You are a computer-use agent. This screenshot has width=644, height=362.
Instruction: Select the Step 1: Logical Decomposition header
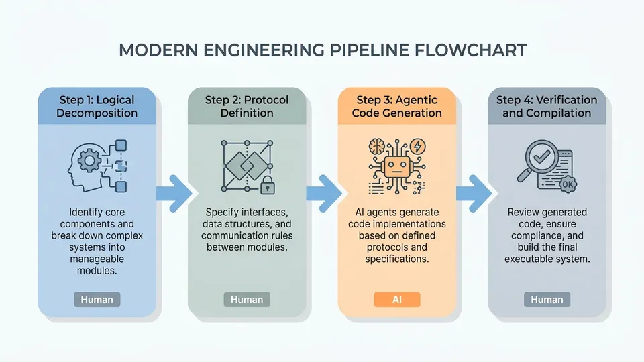point(97,106)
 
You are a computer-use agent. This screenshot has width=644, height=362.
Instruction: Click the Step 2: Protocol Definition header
point(247,106)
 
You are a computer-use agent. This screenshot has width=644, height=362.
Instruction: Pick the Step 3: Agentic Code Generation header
point(396,106)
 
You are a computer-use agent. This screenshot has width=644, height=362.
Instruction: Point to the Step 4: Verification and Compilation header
point(547,106)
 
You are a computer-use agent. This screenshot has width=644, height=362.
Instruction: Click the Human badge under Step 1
point(97,300)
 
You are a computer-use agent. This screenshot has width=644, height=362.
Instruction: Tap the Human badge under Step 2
point(247,300)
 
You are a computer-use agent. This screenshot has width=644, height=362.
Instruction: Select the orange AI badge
point(396,300)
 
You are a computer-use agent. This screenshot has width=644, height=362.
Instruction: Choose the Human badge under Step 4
point(547,300)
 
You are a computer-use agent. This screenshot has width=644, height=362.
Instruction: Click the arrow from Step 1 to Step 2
point(174,193)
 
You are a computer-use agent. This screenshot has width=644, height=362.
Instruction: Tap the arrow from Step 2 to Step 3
point(324,193)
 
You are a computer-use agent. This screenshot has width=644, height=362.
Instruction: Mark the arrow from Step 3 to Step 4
point(474,193)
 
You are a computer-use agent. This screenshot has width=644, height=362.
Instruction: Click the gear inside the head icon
point(89,160)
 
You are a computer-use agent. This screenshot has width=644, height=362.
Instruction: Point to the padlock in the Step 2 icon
point(268,185)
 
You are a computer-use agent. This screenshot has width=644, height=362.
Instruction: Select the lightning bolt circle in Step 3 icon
point(418,146)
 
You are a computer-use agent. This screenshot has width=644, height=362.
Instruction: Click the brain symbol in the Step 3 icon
point(376,146)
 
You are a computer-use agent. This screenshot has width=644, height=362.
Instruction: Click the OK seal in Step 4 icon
point(568,184)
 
